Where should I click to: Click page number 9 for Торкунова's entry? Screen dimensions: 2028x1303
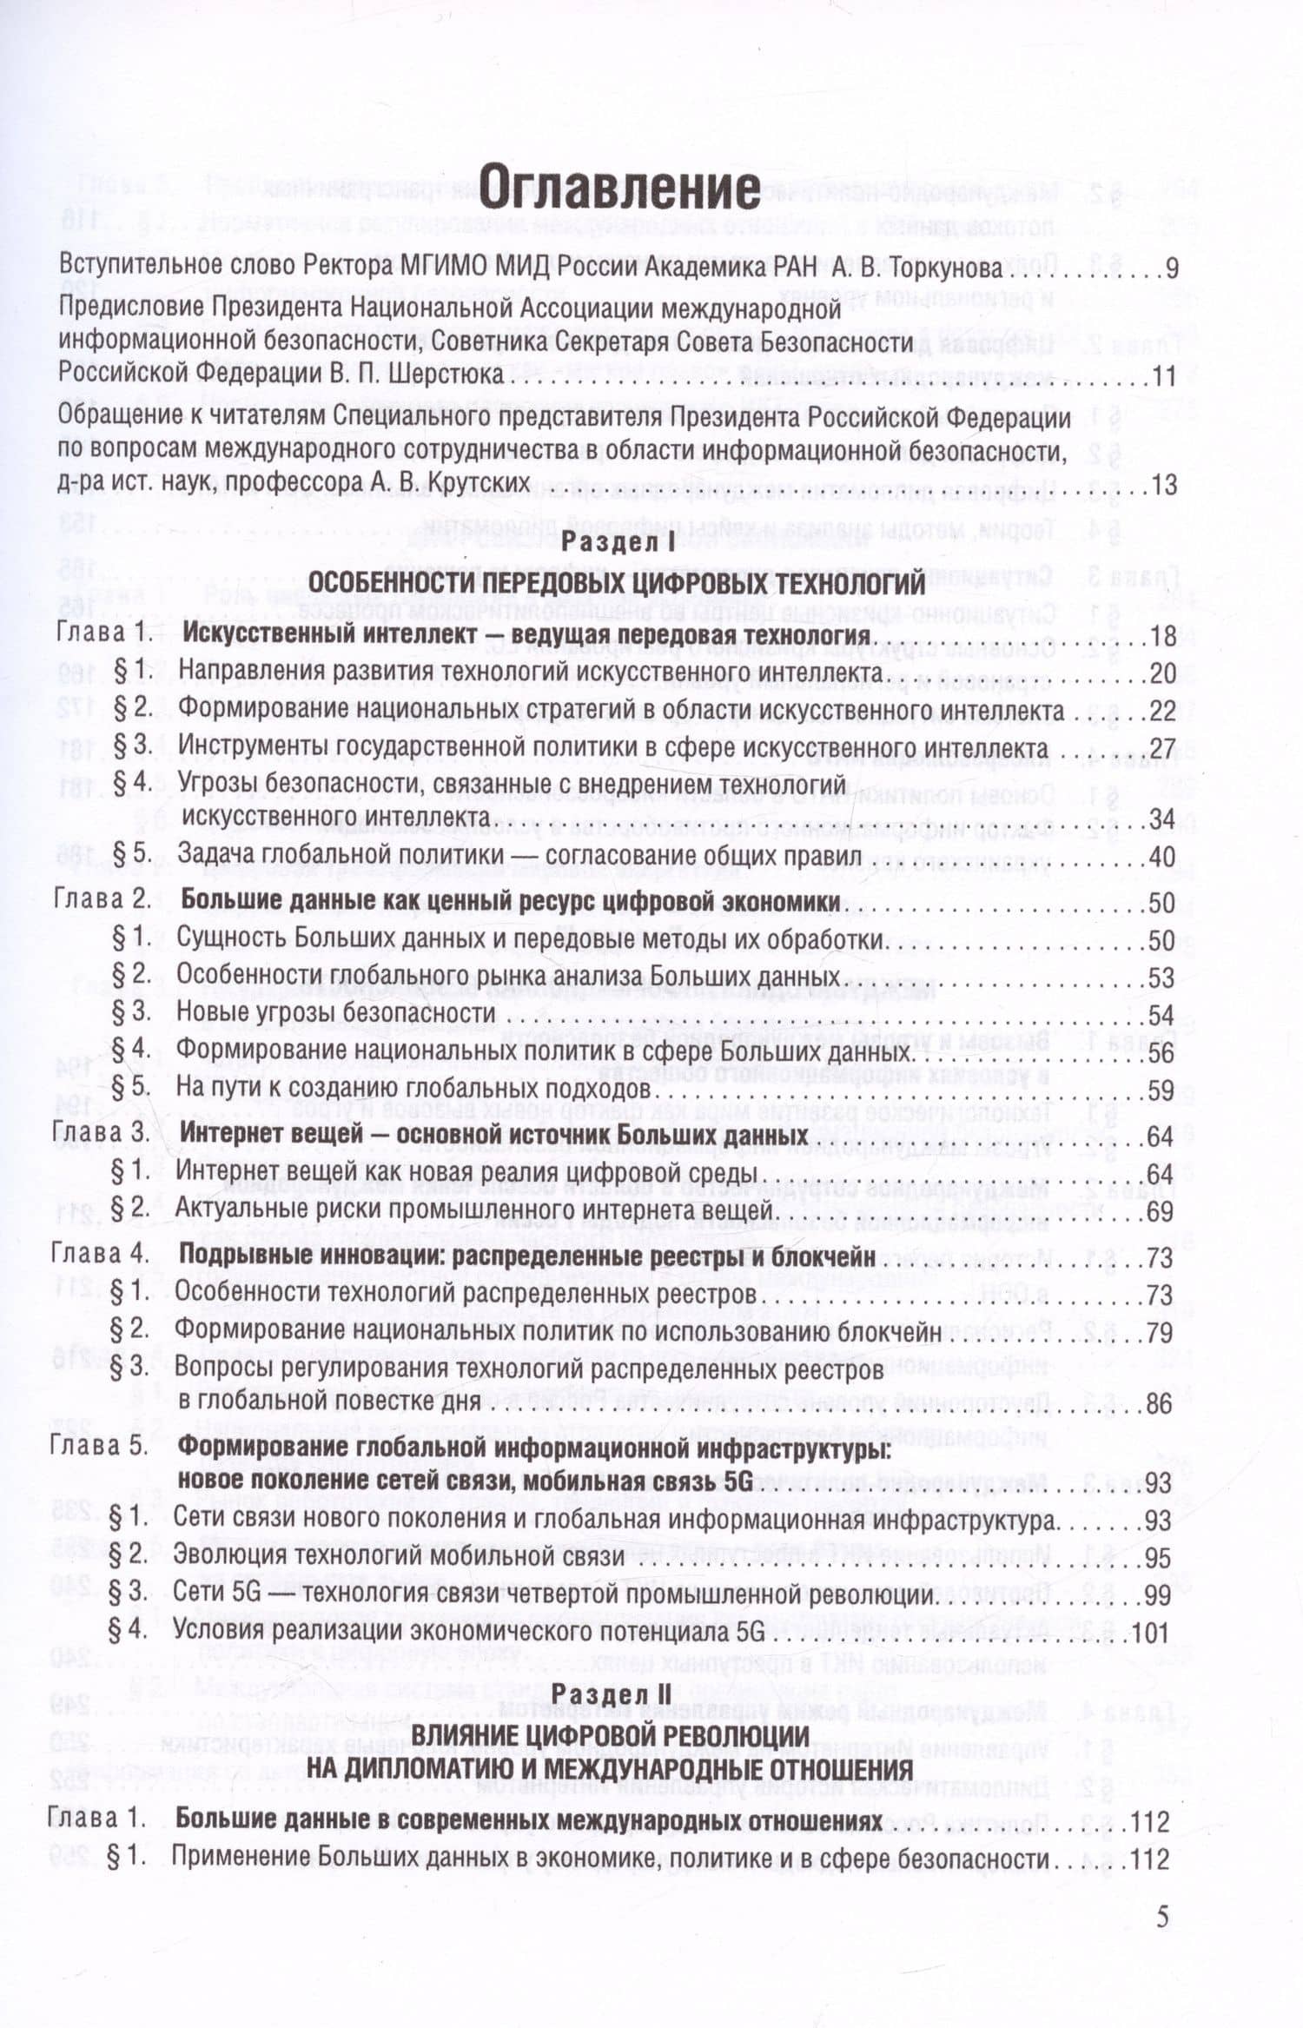point(1170,268)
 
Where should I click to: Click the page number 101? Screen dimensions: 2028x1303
point(1151,1632)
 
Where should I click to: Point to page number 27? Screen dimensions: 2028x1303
point(1161,748)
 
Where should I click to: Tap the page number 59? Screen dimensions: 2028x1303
point(1161,1090)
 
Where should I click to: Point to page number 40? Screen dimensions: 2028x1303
point(1161,857)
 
